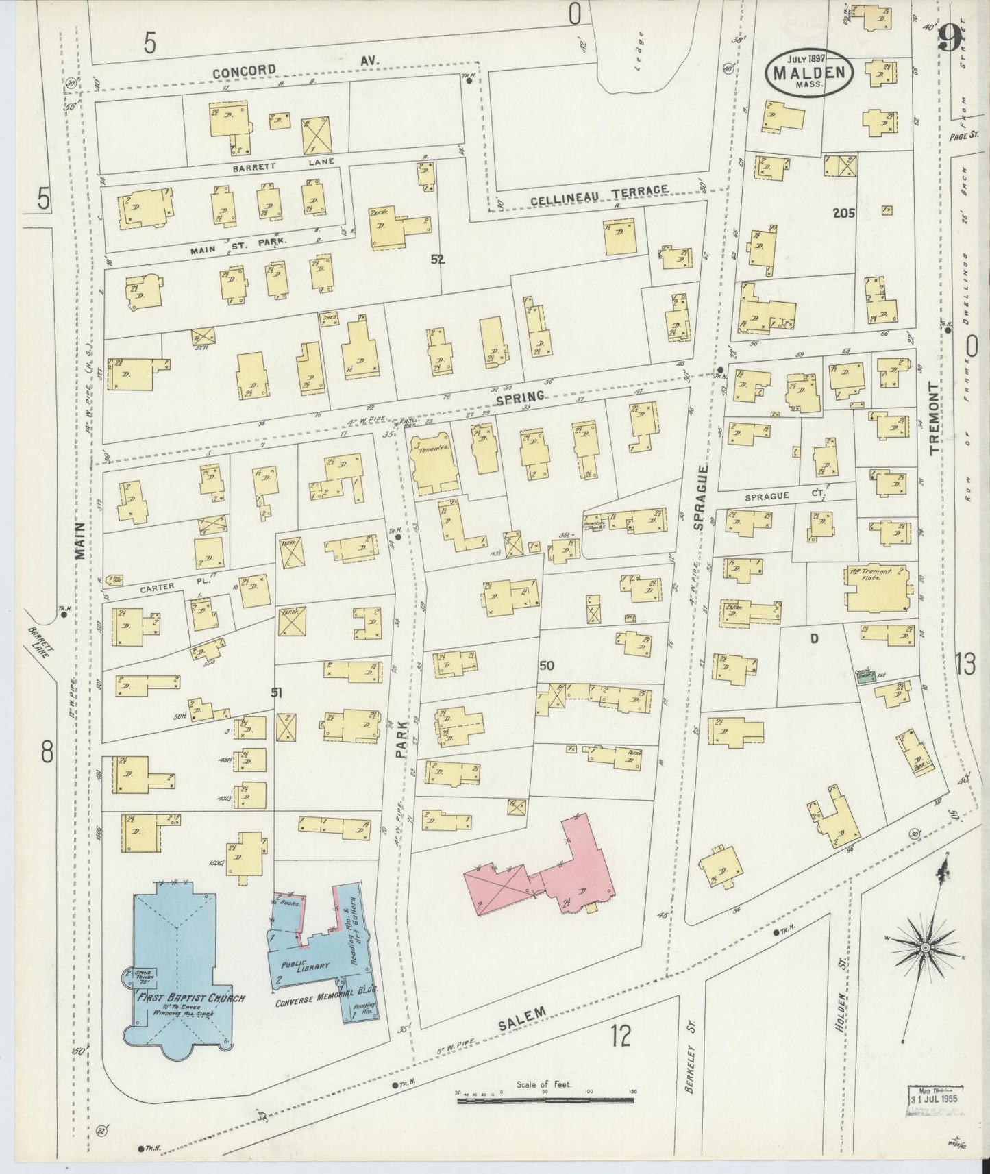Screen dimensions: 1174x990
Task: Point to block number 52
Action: point(438,260)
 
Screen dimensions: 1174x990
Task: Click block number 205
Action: point(843,213)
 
